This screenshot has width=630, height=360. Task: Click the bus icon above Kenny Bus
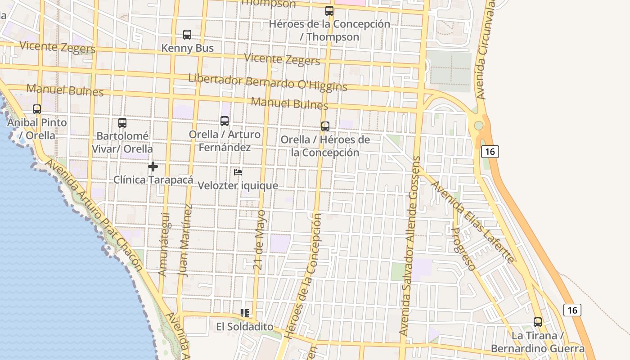pyautogui.click(x=187, y=35)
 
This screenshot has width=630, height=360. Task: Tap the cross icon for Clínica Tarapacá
pyautogui.click(x=153, y=166)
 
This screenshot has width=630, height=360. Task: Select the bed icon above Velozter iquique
pyautogui.click(x=238, y=172)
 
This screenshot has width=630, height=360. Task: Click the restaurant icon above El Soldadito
pyautogui.click(x=245, y=313)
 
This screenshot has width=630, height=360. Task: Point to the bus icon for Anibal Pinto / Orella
pyautogui.click(x=37, y=109)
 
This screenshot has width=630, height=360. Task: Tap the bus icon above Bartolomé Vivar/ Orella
pyautogui.click(x=122, y=123)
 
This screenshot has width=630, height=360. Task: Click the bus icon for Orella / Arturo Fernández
pyautogui.click(x=225, y=121)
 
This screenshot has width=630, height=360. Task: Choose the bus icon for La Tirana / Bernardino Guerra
pyautogui.click(x=538, y=322)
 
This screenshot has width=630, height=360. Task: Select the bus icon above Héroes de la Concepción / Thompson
pyautogui.click(x=329, y=11)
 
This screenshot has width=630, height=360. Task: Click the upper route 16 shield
pyautogui.click(x=490, y=152)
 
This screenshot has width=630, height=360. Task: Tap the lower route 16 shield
pyautogui.click(x=572, y=310)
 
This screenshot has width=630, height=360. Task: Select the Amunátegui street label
pyautogui.click(x=163, y=244)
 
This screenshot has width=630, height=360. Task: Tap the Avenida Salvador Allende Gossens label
pyautogui.click(x=409, y=245)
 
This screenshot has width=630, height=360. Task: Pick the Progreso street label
pyautogui.click(x=463, y=249)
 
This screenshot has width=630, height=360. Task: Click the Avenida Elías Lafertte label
pyautogui.click(x=472, y=222)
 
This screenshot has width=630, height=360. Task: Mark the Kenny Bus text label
pyautogui.click(x=187, y=48)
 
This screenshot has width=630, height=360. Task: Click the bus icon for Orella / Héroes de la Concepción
pyautogui.click(x=325, y=126)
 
